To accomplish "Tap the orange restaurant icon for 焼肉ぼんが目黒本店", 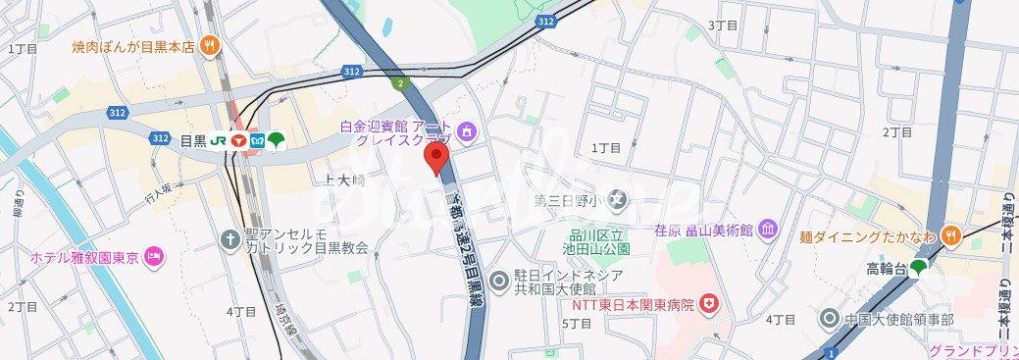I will point(209,45).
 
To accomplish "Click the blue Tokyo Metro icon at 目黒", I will point(258,140).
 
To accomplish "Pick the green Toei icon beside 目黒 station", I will point(277,140).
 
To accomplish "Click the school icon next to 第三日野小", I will point(616,202).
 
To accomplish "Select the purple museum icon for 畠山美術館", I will point(768,230).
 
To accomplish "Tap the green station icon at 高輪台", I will point(919,267).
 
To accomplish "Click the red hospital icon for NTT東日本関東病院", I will point(713,305).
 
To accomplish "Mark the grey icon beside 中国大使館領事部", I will point(831,320).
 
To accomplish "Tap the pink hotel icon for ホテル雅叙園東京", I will point(154,257).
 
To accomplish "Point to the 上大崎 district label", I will point(343,180).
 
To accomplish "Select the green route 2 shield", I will point(400,83).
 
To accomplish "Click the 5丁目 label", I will point(576,324).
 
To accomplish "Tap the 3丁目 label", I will point(723,25).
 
